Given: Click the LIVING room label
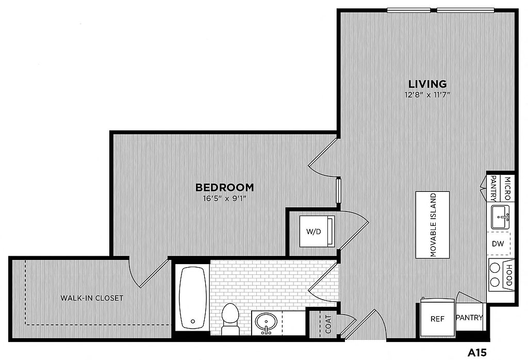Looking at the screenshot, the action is pyautogui.click(x=427, y=84).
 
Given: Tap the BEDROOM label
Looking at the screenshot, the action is pyautogui.click(x=225, y=187).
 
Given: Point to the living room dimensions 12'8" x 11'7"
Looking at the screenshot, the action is pyautogui.click(x=427, y=94).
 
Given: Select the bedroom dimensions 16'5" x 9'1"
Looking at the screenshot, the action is pyautogui.click(x=225, y=199).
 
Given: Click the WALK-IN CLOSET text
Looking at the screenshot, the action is pyautogui.click(x=92, y=298).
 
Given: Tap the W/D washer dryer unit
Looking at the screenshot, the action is pyautogui.click(x=317, y=232).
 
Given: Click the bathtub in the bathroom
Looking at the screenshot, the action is pyautogui.click(x=193, y=298).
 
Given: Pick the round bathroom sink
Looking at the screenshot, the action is pyautogui.click(x=266, y=322).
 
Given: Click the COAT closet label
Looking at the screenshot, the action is pyautogui.click(x=328, y=323).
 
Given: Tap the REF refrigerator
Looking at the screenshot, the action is pyautogui.click(x=437, y=318).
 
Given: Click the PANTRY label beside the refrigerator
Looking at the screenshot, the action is pyautogui.click(x=469, y=318).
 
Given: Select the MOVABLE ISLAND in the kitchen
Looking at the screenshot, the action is pyautogui.click(x=433, y=225).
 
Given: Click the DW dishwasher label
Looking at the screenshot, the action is pyautogui.click(x=498, y=244).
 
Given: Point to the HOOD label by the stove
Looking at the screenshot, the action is pyautogui.click(x=509, y=275).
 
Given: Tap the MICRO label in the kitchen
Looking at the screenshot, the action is pyautogui.click(x=508, y=188).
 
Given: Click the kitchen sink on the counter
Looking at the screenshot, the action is pyautogui.click(x=501, y=217).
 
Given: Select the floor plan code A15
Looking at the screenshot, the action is pyautogui.click(x=477, y=353).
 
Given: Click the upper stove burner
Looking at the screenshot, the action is pyautogui.click(x=494, y=268).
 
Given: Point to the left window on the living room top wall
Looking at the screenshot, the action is pyautogui.click(x=408, y=10).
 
